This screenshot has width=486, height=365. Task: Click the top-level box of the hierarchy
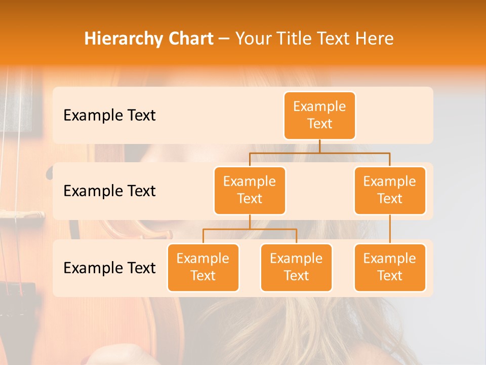tap(319, 115)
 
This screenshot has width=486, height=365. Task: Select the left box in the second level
tap(250, 190)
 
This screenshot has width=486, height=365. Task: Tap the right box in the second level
tap(390, 190)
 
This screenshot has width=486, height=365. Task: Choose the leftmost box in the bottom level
tap(203, 267)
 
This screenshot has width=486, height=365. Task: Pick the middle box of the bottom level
tap(296, 267)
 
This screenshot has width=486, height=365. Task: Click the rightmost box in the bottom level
tap(390, 267)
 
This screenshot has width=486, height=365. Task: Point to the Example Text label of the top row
tap(109, 115)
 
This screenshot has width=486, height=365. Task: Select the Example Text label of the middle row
tap(109, 191)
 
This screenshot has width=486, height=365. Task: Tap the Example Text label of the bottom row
tap(109, 268)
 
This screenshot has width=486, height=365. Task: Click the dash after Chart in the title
tap(224, 39)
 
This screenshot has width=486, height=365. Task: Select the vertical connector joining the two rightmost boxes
tap(390, 229)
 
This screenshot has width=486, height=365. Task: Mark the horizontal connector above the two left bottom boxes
tap(250, 229)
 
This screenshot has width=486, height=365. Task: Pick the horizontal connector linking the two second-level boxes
tap(319, 153)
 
